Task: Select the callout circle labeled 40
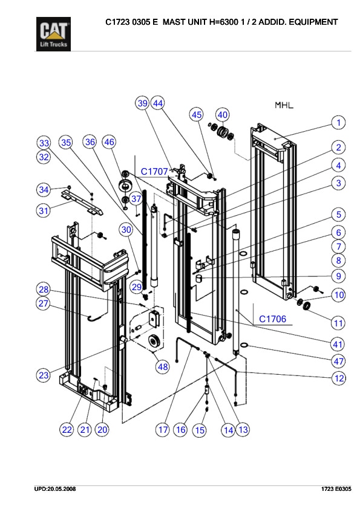pyautogui.click(x=223, y=114)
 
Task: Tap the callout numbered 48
pyautogui.click(x=162, y=366)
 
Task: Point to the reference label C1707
pyautogui.click(x=154, y=172)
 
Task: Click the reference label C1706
pyautogui.click(x=272, y=319)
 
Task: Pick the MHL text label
pyautogui.click(x=284, y=105)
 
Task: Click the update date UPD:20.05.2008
pyautogui.click(x=54, y=488)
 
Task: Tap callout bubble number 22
pyautogui.click(x=67, y=430)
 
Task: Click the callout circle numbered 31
pyautogui.click(x=44, y=211)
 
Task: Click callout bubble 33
pyautogui.click(x=44, y=143)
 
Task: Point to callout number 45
pyautogui.click(x=197, y=114)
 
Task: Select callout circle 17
pyautogui.click(x=162, y=430)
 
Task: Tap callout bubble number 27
pyautogui.click(x=44, y=303)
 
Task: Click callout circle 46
pyautogui.click(x=109, y=143)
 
